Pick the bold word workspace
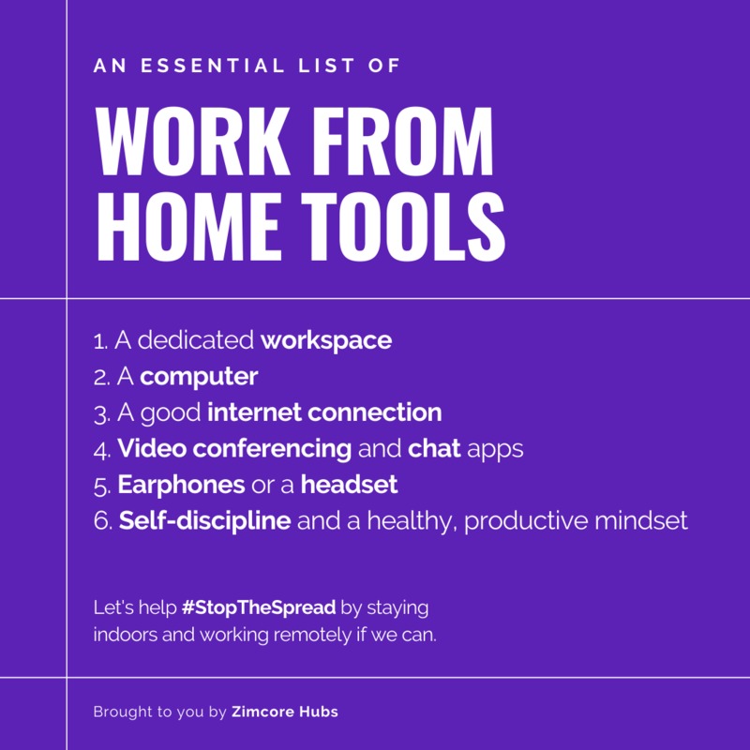click(x=326, y=340)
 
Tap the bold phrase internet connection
click(x=324, y=412)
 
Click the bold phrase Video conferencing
click(x=234, y=448)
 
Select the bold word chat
click(x=434, y=448)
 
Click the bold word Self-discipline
click(x=204, y=520)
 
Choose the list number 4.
click(x=101, y=449)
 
